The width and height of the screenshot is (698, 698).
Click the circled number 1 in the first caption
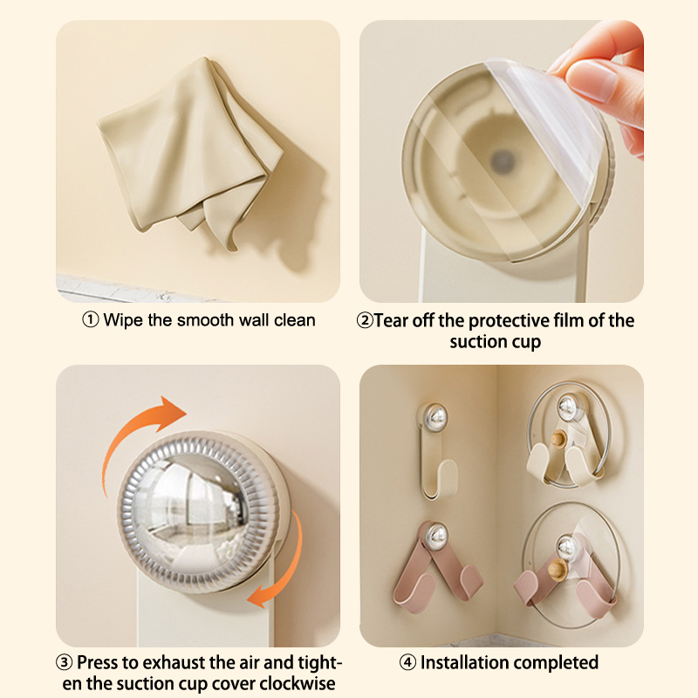pyautogui.click(x=91, y=319)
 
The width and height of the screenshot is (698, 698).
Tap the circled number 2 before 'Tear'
pyautogui.click(x=365, y=320)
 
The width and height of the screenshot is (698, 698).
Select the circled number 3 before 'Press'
pyautogui.click(x=64, y=662)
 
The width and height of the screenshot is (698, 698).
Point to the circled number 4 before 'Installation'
pyautogui.click(x=407, y=662)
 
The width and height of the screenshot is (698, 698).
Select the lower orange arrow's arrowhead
pyautogui.click(x=259, y=595)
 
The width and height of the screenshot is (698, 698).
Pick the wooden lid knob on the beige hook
pyautogui.click(x=558, y=439)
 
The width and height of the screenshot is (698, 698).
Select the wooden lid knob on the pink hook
pyautogui.click(x=557, y=569)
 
